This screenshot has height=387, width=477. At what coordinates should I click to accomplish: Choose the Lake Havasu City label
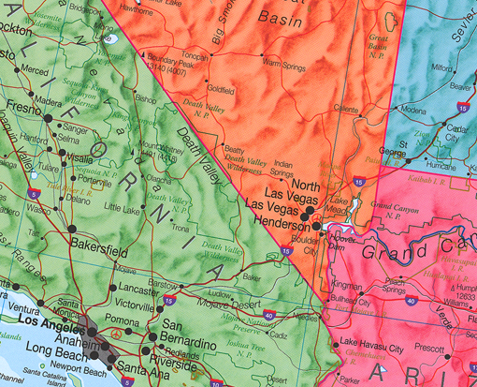371,348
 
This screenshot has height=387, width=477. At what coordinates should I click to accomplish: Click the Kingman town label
347,284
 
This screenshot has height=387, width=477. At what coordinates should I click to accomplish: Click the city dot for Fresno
47,116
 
